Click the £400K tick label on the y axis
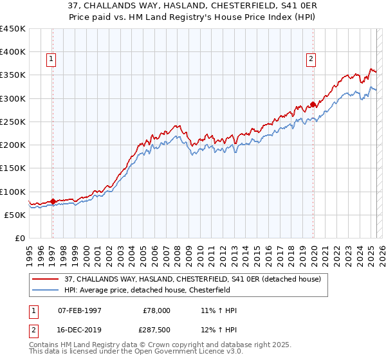[x=13, y=52]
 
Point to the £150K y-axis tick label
[x=13, y=168]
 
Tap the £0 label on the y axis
[x=19, y=239]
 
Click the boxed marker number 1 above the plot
[x=51, y=60]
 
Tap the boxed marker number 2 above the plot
[x=311, y=60]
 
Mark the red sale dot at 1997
[x=53, y=201]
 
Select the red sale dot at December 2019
[x=313, y=104]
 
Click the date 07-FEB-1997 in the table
[x=80, y=310]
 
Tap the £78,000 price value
[x=156, y=310]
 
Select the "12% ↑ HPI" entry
[x=219, y=328]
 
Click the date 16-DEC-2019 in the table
[x=80, y=328]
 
